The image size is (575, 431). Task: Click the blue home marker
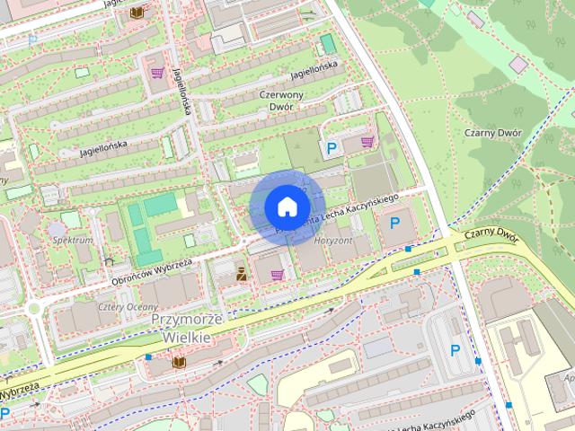click(287, 207)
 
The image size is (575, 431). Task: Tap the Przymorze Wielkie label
click(181, 328)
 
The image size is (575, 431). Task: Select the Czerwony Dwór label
click(281, 100)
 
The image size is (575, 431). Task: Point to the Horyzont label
click(332, 242)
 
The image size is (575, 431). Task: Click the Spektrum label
click(73, 242)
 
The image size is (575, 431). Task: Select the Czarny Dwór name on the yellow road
click(493, 235)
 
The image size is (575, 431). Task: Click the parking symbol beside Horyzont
click(394, 223)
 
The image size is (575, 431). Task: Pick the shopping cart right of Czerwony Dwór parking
click(367, 142)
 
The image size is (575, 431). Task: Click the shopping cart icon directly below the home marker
click(277, 274)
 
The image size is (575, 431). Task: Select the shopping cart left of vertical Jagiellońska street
click(157, 73)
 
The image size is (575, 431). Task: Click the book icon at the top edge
click(137, 13)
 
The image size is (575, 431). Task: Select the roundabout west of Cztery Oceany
click(34, 308)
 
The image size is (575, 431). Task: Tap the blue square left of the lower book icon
click(148, 357)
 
